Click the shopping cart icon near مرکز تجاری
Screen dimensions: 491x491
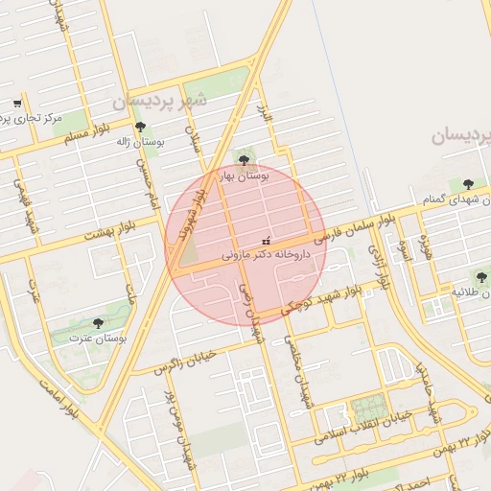click(x=17, y=104)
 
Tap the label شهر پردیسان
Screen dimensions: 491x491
click(x=158, y=101)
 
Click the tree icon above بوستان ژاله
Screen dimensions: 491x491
click(x=140, y=127)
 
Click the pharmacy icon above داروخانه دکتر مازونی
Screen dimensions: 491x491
click(x=266, y=241)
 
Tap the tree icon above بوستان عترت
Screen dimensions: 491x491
click(x=98, y=324)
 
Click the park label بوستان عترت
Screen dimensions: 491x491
click(x=98, y=339)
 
